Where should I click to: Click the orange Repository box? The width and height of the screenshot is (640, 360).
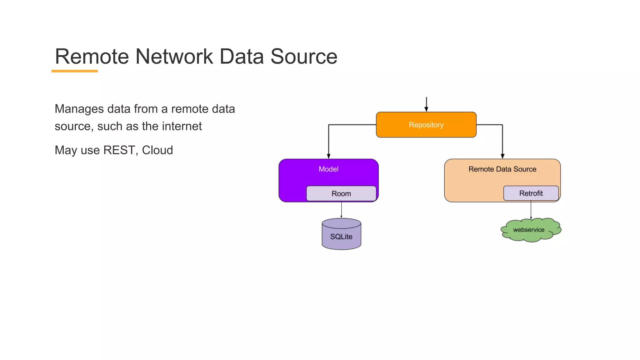(426, 125)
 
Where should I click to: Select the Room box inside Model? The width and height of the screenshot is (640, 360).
(341, 193)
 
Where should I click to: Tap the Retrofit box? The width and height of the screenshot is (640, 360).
(531, 193)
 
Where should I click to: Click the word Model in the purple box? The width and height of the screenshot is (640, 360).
(328, 169)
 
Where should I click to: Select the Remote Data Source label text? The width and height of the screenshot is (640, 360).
(502, 169)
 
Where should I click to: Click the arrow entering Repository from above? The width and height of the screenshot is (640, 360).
(426, 104)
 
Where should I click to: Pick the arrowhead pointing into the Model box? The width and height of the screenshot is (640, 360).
(328, 156)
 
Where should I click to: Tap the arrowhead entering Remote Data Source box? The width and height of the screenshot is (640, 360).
(502, 156)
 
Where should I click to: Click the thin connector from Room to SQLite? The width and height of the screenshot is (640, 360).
(341, 210)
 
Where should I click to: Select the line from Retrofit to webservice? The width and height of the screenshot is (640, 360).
(531, 209)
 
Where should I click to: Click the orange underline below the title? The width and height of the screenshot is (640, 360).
(75, 71)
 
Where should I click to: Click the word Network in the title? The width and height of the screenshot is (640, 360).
(174, 57)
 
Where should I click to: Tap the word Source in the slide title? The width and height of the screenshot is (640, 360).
(304, 57)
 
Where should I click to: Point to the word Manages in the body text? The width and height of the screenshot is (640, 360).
(79, 109)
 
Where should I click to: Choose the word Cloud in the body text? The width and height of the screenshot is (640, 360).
(157, 150)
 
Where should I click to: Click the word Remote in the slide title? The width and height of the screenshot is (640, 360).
(92, 57)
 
